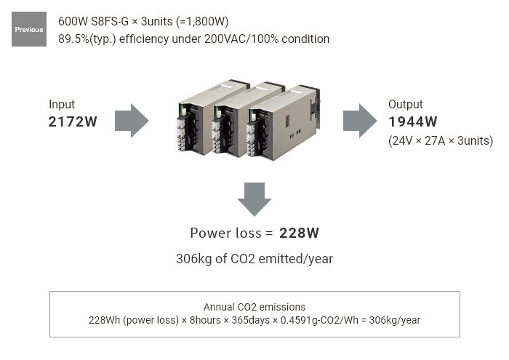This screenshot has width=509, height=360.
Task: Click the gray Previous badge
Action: coord(29,29)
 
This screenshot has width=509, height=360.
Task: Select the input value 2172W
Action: coord(73,122)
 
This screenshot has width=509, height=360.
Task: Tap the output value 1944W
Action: coord(413,122)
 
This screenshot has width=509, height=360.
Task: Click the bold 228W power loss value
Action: coord(300,233)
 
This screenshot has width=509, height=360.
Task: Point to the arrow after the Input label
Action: coord(132,121)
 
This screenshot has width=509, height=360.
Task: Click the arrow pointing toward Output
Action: coord(361,121)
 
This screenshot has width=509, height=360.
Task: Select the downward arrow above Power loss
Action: coord(254,199)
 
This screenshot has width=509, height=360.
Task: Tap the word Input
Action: coord(62,104)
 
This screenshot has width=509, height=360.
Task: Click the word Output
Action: coord(406,104)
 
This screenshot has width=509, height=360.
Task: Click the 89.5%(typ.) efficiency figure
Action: coord(87,39)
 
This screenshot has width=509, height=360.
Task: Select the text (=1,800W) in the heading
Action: coord(203,21)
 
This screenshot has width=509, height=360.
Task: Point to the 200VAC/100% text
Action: coord(241,39)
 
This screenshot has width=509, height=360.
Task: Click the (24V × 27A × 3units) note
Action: coord(441,141)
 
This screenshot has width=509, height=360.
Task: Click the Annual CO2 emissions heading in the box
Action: coord(254,307)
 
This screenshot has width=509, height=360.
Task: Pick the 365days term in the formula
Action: coord(251,321)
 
